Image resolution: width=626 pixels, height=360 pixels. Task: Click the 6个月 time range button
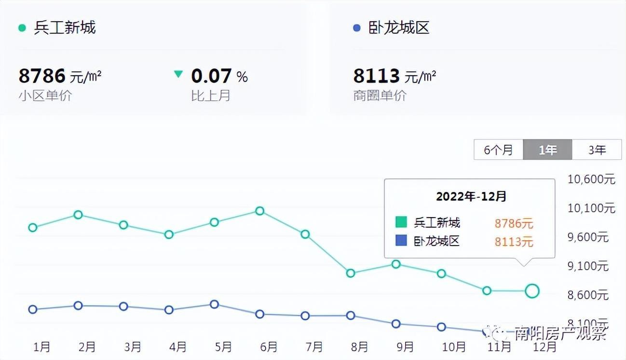click(499, 150)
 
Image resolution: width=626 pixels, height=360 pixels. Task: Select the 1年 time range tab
click(548, 150)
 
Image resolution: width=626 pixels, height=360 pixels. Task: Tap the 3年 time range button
click(597, 150)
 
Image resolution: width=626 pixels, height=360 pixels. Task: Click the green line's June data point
click(259, 211)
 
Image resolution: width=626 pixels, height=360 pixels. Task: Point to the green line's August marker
click(351, 273)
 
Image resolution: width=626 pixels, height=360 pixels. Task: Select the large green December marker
click(532, 291)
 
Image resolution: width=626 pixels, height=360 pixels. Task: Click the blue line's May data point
click(214, 305)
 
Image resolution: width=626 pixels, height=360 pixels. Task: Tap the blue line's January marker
click(33, 309)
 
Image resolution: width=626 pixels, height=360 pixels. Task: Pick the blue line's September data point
click(396, 324)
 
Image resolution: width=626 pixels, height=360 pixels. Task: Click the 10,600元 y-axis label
click(591, 180)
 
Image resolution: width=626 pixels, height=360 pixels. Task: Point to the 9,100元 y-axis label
click(588, 266)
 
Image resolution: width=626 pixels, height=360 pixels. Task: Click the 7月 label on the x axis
click(314, 346)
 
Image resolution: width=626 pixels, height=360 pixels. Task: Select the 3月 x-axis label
click(132, 346)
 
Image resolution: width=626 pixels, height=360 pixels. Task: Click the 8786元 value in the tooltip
click(514, 223)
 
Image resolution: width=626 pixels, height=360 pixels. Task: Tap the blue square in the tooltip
click(401, 240)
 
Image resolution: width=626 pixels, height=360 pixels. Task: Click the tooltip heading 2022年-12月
click(471, 196)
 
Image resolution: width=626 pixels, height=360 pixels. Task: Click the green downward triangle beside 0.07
click(178, 74)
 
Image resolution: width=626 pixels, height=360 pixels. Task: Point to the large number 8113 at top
click(377, 76)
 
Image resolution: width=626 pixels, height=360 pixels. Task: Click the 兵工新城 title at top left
click(65, 28)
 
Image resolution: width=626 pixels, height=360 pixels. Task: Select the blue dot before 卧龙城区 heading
click(357, 28)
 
